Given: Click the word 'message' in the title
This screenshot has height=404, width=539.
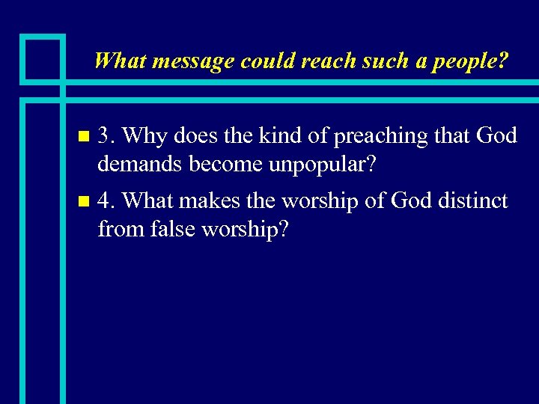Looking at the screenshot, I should (x=193, y=61).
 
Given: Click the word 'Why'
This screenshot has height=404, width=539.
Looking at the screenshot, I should (x=140, y=136).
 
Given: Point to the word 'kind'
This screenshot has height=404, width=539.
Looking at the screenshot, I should (x=285, y=136).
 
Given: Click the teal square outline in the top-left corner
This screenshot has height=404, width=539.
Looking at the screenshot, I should (x=43, y=58).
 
